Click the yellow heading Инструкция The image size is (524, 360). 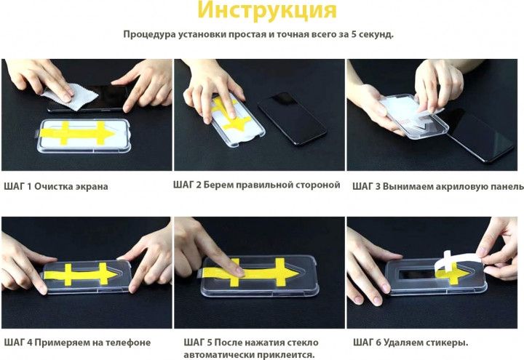click(x=266, y=10)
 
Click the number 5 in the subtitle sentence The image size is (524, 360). click(x=353, y=34)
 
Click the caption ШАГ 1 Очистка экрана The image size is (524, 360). click(x=56, y=186)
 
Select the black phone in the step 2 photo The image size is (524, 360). click(x=292, y=119)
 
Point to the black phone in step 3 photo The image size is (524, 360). click(x=480, y=135)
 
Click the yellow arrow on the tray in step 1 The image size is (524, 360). click(x=78, y=133)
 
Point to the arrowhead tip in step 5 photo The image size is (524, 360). click(x=298, y=273)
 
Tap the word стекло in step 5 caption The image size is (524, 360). click(x=303, y=343)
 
